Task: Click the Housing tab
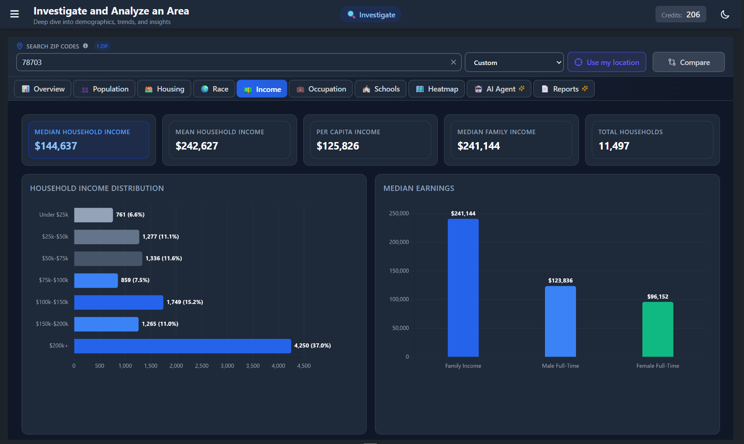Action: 164,89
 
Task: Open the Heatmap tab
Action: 437,89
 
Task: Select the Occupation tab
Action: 321,89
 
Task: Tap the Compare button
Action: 689,63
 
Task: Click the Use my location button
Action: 607,63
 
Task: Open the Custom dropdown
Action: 514,63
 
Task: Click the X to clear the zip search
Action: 454,62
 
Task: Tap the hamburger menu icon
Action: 14,14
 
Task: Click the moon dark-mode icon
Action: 725,14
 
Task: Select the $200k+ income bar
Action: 182,346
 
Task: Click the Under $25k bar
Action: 94,215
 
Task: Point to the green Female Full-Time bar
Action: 658,329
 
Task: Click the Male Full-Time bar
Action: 560,321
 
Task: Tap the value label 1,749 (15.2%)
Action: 185,302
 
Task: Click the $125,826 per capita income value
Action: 338,146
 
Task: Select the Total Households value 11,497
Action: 614,146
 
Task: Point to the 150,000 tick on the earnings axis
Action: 399,271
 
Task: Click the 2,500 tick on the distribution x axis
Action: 202,366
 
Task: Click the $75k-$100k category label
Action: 54,280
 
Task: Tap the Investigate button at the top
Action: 371,15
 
